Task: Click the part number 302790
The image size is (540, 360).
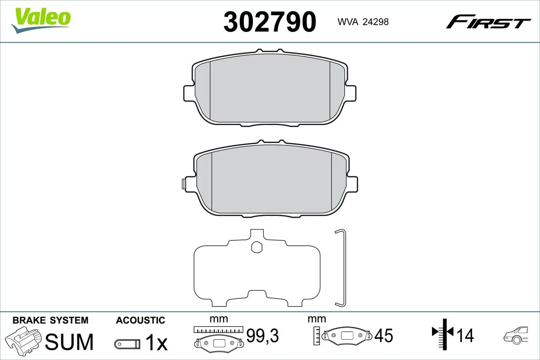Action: click(270, 22)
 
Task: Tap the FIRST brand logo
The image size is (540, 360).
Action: click(488, 22)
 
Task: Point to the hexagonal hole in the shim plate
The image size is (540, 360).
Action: click(257, 247)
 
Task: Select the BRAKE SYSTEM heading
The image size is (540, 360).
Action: click(50, 320)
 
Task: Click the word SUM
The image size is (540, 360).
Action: click(70, 342)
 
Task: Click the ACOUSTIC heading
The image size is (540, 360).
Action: click(140, 320)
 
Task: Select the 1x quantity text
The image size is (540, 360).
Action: click(156, 344)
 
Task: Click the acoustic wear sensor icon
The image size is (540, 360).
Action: click(127, 344)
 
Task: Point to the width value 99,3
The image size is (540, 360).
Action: click(263, 335)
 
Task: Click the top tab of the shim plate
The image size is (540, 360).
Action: click(257, 234)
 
